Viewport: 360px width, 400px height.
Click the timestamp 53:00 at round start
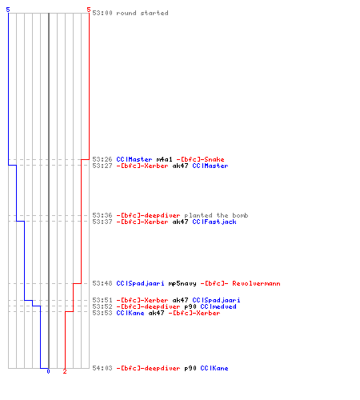tap(102, 13)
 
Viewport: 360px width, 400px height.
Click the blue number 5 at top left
tap(8, 10)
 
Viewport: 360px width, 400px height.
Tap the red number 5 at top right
tap(89, 10)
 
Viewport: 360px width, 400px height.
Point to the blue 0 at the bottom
tap(48, 371)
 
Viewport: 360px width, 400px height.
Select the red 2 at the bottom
tap(65, 371)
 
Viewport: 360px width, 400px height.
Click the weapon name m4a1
tap(164, 159)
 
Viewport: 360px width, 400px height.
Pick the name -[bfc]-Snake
tap(200, 159)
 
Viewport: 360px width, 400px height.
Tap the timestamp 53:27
tap(102, 166)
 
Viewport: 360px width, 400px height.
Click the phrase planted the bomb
tap(216, 215)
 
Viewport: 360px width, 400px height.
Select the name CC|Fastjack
tap(214, 222)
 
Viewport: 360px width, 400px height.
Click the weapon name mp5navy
tap(182, 283)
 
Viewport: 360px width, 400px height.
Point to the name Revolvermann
tap(256, 283)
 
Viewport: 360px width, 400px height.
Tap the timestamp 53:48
tap(102, 283)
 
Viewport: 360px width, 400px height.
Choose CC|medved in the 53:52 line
tap(218, 306)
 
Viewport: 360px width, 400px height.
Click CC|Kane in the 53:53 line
tap(130, 313)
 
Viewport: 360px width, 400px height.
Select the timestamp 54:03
tap(102, 368)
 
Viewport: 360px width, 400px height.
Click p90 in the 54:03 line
tap(190, 369)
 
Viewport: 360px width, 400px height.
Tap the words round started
tap(142, 13)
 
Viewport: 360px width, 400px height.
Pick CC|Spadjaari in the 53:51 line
tap(216, 300)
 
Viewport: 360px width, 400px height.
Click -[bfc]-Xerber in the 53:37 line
tap(142, 222)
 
